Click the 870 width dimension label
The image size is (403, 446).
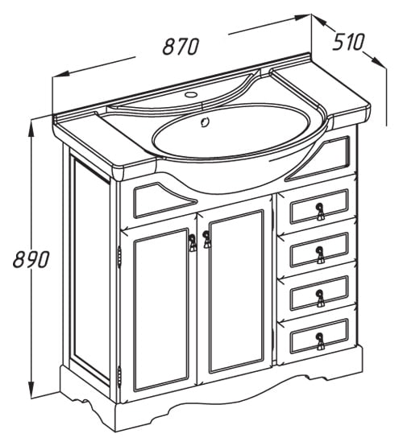[181, 47]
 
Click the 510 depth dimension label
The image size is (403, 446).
[349, 42]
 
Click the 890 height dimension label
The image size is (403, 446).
[31, 259]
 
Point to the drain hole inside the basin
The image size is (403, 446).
[205, 122]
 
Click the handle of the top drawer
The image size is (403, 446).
[320, 212]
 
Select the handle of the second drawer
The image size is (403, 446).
[320, 255]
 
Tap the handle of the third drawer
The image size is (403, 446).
[320, 298]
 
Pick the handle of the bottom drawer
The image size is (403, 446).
[320, 341]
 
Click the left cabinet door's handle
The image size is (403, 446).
[193, 242]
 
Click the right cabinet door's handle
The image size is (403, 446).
[206, 239]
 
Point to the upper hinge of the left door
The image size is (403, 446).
[119, 257]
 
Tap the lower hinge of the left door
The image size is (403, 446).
[119, 377]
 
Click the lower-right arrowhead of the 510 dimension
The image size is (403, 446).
[379, 62]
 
